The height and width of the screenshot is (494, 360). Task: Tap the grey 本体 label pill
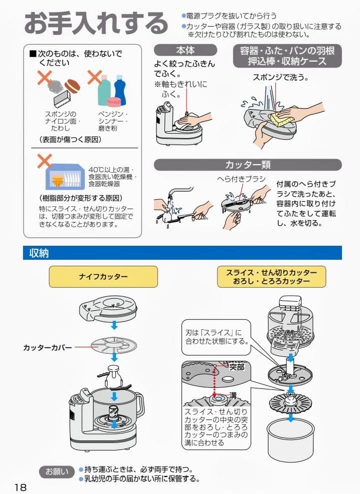[x=185, y=50]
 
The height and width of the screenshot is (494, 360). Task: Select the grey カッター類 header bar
[x=247, y=165]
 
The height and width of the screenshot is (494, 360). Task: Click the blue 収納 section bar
[x=182, y=253]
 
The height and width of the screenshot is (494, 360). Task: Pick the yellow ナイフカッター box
[x=103, y=276]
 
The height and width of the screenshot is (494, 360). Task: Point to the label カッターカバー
[x=47, y=347]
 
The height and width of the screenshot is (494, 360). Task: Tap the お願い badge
[x=57, y=471]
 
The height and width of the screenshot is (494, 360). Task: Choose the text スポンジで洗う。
[x=280, y=78]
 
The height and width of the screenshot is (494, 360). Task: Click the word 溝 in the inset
[x=233, y=395]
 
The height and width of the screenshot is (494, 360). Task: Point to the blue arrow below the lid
[x=114, y=326]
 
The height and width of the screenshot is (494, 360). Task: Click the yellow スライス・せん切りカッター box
[x=271, y=276]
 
